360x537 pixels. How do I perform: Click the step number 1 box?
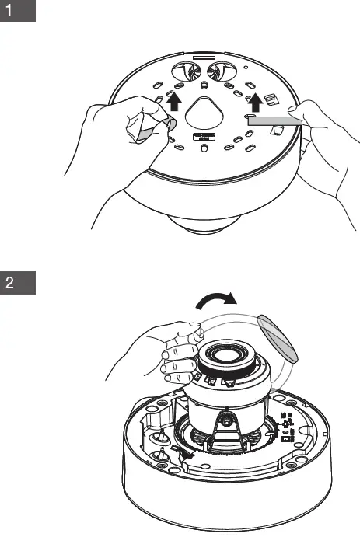coord(18,13)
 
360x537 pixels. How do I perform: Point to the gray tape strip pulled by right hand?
coord(275,120)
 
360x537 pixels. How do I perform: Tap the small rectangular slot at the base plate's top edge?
coord(204,56)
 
